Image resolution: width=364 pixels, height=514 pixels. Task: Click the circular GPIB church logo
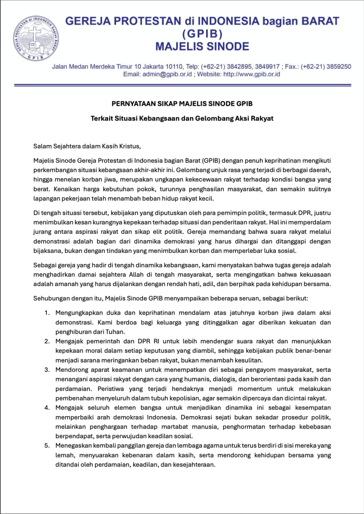(x=34, y=38)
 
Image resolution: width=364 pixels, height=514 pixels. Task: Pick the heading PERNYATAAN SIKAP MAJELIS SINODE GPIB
(x=181, y=104)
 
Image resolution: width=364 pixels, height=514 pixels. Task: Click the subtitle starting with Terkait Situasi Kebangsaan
(x=181, y=119)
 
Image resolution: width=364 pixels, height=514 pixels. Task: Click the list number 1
(x=46, y=313)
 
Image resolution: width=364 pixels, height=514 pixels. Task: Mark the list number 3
(x=46, y=370)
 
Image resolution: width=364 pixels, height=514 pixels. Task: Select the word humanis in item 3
(x=200, y=379)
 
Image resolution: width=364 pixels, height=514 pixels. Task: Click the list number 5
(x=46, y=446)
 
